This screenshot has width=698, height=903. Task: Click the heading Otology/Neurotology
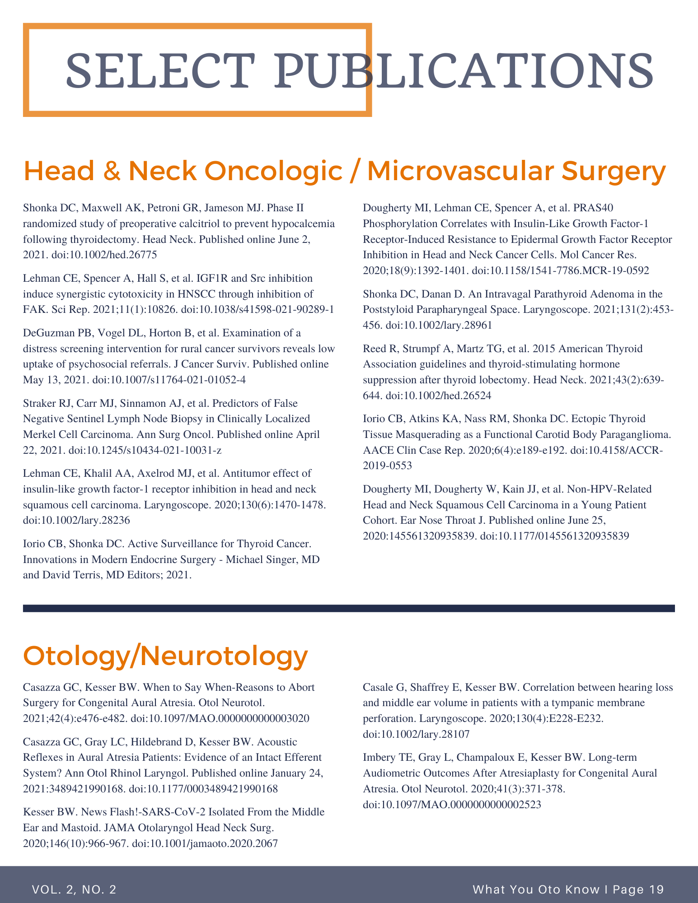click(x=165, y=656)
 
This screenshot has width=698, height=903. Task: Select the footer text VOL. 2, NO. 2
click(x=74, y=889)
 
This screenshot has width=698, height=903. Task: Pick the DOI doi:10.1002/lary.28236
click(x=76, y=520)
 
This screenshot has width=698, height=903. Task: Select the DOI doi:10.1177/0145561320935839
click(x=553, y=536)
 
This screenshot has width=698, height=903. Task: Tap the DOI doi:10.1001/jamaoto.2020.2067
click(x=205, y=843)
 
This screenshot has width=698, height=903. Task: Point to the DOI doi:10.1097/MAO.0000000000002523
click(x=452, y=804)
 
